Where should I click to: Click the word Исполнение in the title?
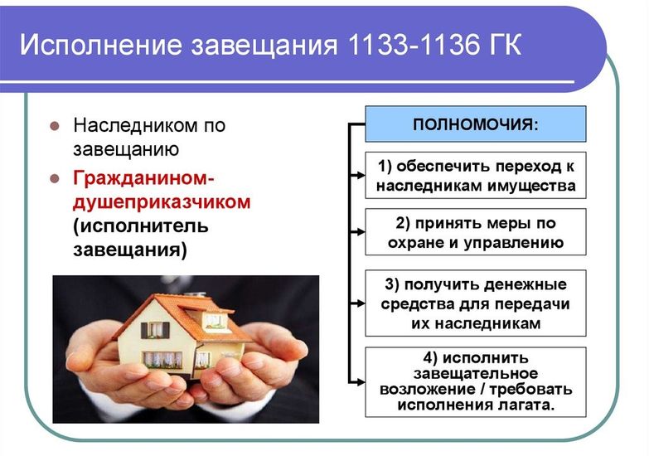click(x=101, y=44)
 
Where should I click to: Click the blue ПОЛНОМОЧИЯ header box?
click(x=476, y=124)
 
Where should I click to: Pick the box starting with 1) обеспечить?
click(x=476, y=175)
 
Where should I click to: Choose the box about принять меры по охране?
click(x=476, y=232)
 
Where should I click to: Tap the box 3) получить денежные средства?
click(x=476, y=303)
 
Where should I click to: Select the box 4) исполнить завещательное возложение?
click(x=476, y=382)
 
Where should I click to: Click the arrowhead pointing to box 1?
click(x=360, y=175)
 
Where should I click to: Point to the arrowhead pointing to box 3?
click(x=360, y=303)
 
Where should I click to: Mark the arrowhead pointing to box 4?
click(x=360, y=382)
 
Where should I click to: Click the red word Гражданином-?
click(x=143, y=178)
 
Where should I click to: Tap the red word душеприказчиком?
click(x=162, y=203)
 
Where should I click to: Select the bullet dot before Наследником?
click(x=55, y=125)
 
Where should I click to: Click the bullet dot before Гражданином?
click(x=55, y=179)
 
